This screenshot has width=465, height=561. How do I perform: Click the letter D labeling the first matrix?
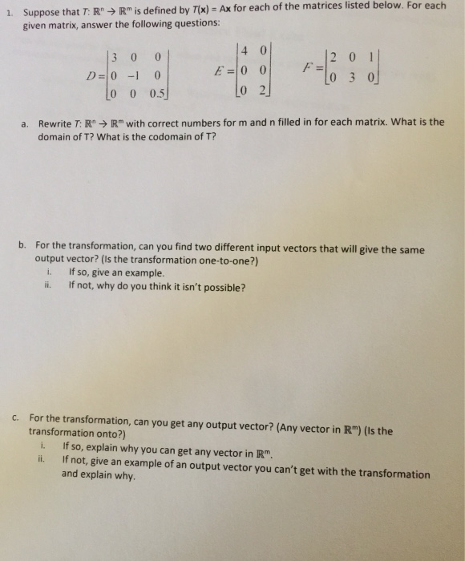(x=93, y=76)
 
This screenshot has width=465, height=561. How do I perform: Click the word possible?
(x=221, y=287)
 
